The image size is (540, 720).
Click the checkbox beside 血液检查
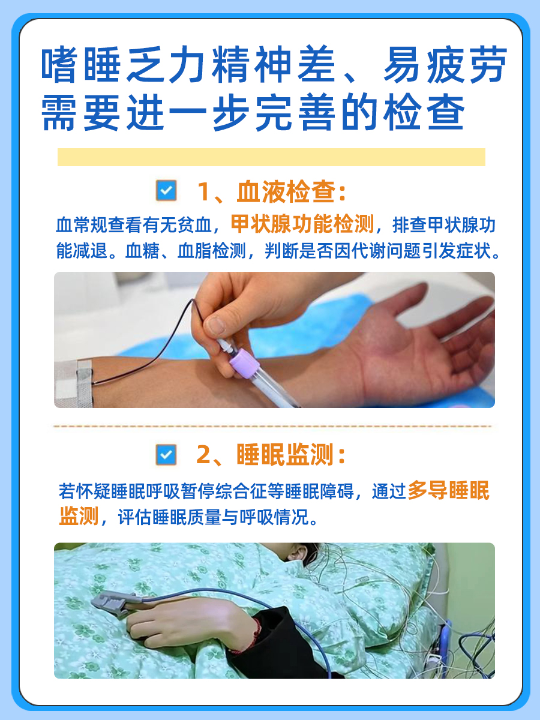point(166,191)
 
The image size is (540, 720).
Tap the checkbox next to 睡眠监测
point(166,455)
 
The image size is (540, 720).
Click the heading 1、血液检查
point(272,192)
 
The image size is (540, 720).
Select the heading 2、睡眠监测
point(271,455)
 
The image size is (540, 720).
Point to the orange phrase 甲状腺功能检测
point(302,224)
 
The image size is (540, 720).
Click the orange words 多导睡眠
point(448,491)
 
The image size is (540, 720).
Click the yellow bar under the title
point(271,157)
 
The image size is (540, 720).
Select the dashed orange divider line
point(271,427)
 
